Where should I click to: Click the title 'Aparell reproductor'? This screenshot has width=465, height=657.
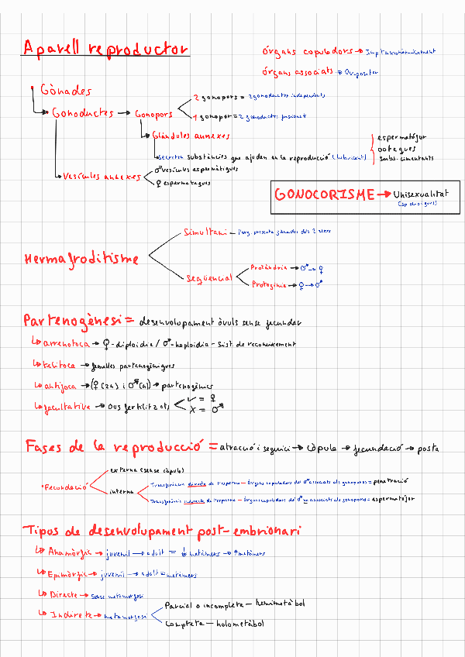point(106,50)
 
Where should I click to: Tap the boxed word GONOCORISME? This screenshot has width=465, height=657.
point(324,194)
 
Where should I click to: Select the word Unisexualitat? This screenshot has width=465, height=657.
point(422,194)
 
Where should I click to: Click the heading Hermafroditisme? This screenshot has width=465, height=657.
point(82,258)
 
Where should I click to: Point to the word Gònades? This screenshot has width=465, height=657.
point(66,91)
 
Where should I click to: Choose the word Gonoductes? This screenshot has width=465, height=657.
point(83,114)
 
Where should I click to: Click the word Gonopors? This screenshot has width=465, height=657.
point(153,115)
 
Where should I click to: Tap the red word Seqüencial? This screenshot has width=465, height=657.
point(209,277)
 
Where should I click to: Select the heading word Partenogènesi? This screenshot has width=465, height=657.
point(73,319)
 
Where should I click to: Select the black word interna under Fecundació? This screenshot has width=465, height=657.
point(122,490)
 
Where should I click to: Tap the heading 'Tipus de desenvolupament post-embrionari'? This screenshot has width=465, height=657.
point(163,531)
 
